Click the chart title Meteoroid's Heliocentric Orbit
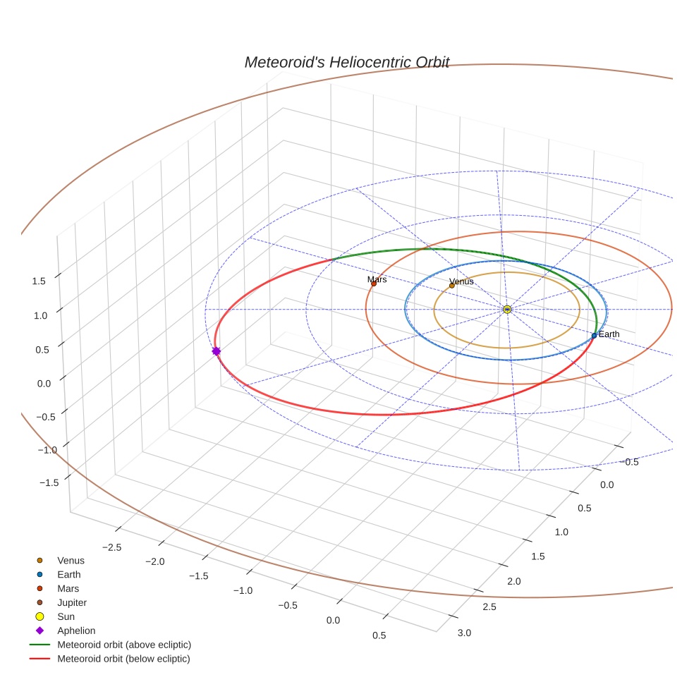346,62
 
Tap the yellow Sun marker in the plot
507,309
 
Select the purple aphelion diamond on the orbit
216,351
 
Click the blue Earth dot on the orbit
594,336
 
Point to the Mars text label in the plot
377,279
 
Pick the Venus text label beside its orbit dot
461,281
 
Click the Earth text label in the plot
609,334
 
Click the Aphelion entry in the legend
76,631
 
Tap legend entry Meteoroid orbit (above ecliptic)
124,645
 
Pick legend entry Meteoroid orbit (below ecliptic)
124,659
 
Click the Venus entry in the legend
71,561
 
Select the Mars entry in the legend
68,588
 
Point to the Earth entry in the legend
68,575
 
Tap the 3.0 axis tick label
464,633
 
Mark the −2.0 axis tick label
154,561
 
